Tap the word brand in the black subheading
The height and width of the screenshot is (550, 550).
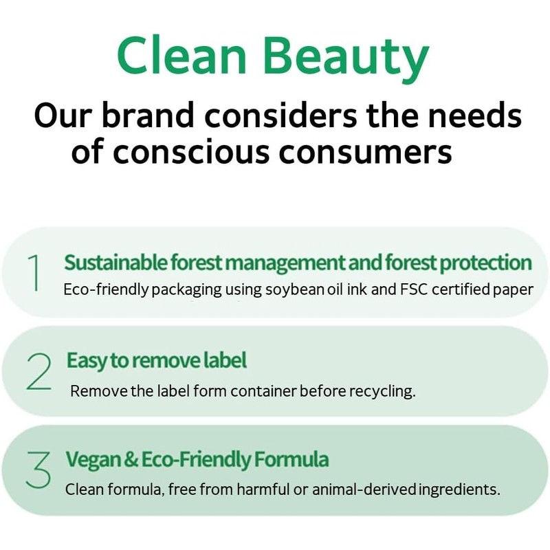148,115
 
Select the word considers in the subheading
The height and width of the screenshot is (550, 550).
280,115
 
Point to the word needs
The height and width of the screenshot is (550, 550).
475,115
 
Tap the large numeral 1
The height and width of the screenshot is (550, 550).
34,272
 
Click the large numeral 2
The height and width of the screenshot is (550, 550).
38,372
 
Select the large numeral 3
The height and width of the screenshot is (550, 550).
38,470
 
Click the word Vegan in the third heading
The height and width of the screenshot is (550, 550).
93,460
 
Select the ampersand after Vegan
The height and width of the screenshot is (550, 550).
131,459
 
